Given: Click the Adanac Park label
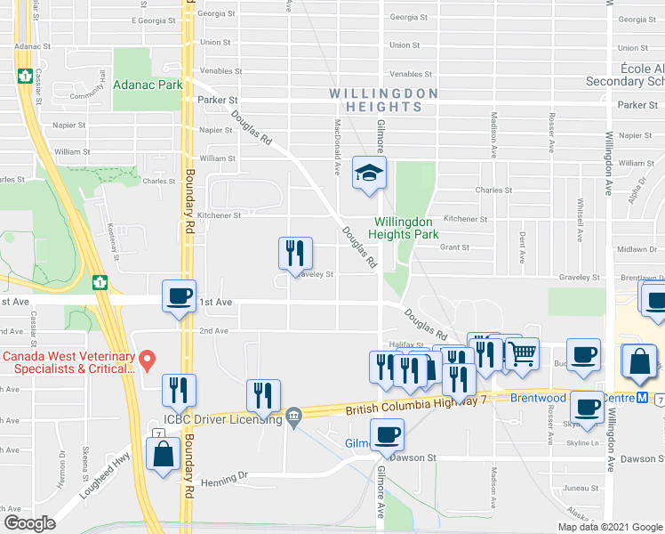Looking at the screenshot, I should [x=148, y=85].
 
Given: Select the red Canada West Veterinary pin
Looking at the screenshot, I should [x=149, y=360].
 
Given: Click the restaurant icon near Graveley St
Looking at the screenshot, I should [x=294, y=253].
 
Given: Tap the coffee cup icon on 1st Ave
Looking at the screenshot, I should [x=179, y=295].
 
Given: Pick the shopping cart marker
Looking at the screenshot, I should [x=522, y=353].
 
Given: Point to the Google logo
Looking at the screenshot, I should [x=29, y=523].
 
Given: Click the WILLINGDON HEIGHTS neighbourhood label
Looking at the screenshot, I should [x=383, y=100].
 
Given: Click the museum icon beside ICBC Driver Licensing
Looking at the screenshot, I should [x=293, y=415].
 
